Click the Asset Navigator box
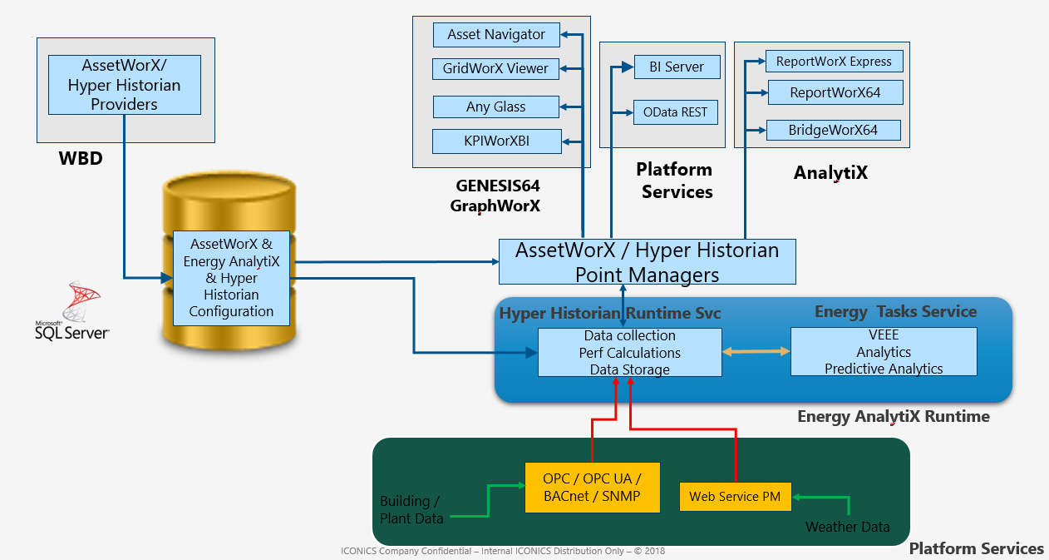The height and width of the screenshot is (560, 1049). point(496,35)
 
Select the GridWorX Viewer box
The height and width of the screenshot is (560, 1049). point(496,69)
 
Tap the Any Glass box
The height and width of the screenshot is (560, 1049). point(496,107)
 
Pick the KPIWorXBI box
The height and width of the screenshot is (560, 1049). point(496,141)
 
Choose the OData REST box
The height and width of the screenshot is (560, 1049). point(675,112)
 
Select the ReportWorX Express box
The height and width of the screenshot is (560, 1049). point(834,62)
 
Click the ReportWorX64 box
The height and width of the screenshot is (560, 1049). point(835,92)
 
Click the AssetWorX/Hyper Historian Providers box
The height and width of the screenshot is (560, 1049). point(124,85)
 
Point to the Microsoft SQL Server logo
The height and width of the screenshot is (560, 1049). point(72,311)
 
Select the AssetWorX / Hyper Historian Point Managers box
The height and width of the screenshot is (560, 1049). point(647,262)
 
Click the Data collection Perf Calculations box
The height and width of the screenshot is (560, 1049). point(629,353)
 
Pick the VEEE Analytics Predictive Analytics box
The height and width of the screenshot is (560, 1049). point(884,353)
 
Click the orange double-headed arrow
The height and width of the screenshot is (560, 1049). point(756,352)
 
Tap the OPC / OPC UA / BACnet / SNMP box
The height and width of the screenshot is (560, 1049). point(592,488)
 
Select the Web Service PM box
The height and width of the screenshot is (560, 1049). point(735,497)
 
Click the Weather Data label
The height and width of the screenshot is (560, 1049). point(847,527)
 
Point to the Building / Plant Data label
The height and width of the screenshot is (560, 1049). point(411,510)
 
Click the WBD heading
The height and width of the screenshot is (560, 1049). point(81,158)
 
